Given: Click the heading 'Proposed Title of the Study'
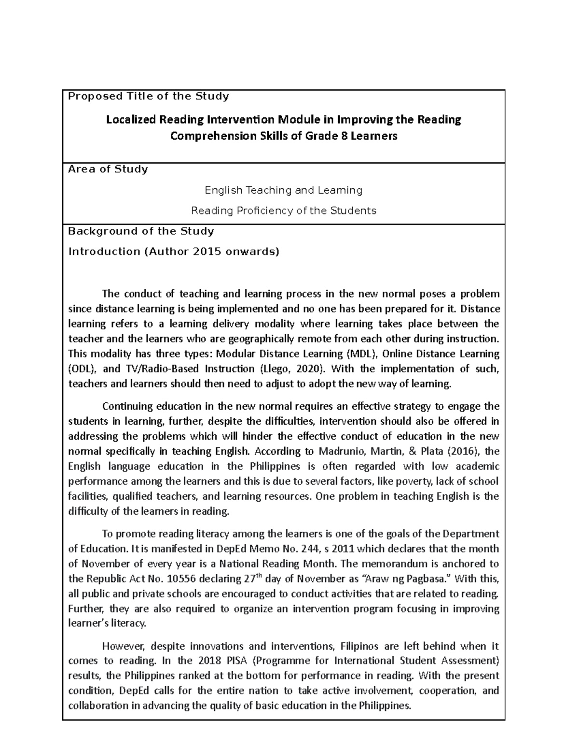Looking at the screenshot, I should pos(148,96).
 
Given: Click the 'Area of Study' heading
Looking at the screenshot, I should pos(108,169).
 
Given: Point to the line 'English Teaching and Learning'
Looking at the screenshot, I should pos(284,190).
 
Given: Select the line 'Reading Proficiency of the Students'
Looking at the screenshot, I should pos(284,211).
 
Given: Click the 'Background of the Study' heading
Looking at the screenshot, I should pos(141,231).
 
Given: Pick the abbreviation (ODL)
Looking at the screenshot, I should pos(83,368).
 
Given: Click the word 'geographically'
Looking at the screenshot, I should pos(257,339).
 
